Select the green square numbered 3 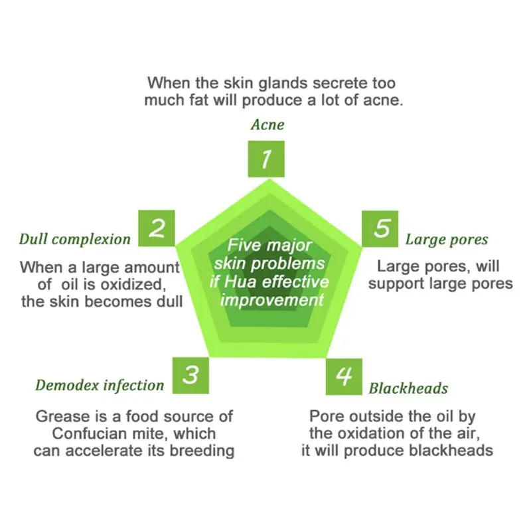pos(190,375)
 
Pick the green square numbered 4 pos(344,376)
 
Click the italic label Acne pos(267,125)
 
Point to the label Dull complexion pos(75,240)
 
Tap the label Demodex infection pos(100,385)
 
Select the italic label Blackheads pos(408,388)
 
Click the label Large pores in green pos(447,240)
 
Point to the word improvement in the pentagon pos(272,299)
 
